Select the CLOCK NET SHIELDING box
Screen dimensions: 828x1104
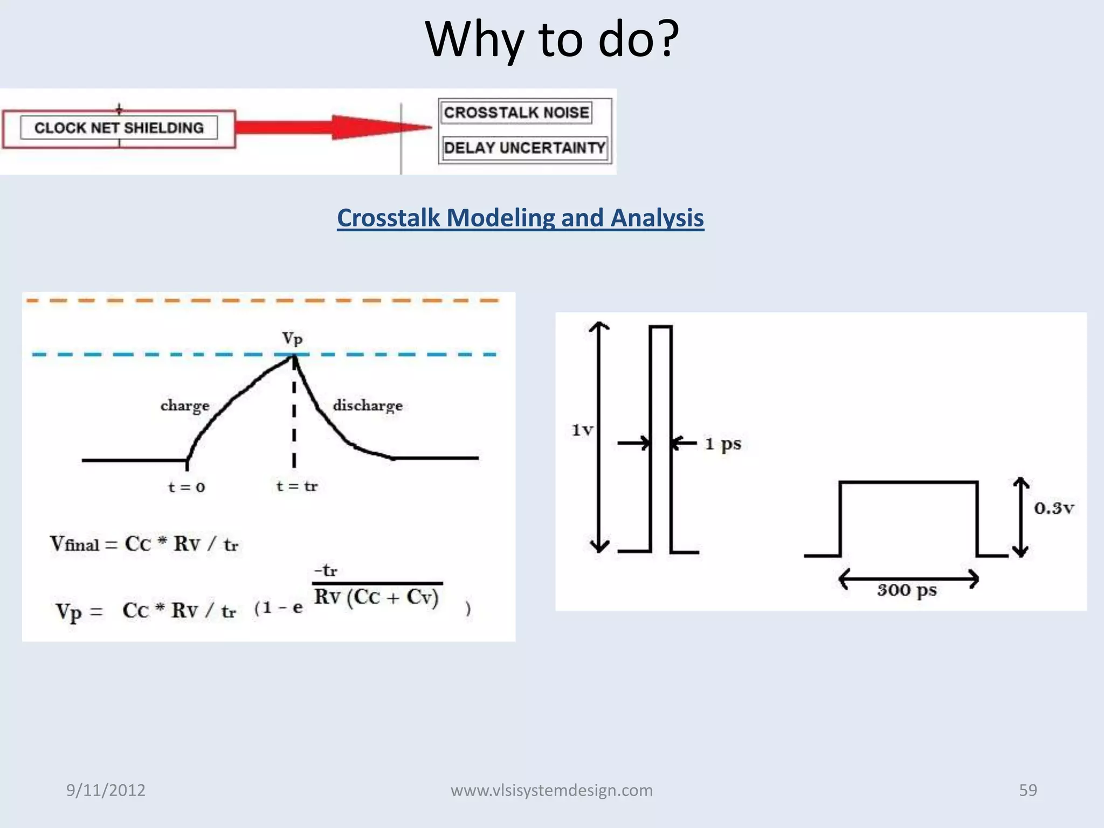pos(119,128)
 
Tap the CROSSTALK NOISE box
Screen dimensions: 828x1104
pos(516,113)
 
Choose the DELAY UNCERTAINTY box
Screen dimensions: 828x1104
pos(524,148)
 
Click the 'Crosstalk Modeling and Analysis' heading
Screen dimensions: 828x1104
pos(520,218)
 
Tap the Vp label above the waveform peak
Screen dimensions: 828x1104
pos(292,339)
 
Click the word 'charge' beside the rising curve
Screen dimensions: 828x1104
pos(184,405)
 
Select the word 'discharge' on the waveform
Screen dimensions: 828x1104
pos(368,405)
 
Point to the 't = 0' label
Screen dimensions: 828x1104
pos(186,487)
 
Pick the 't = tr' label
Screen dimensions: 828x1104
pos(296,486)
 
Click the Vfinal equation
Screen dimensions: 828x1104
pos(144,544)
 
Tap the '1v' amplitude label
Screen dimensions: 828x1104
pos(582,430)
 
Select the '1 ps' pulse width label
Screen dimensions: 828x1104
pos(723,444)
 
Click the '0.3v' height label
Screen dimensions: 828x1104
pos(1053,508)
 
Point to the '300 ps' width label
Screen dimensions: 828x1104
pos(907,590)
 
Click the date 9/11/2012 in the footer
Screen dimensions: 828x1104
pos(106,790)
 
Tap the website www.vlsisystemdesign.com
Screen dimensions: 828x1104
pos(551,790)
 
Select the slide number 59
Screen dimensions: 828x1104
pos(1027,790)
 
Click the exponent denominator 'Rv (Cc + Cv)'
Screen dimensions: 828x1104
pos(376,597)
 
